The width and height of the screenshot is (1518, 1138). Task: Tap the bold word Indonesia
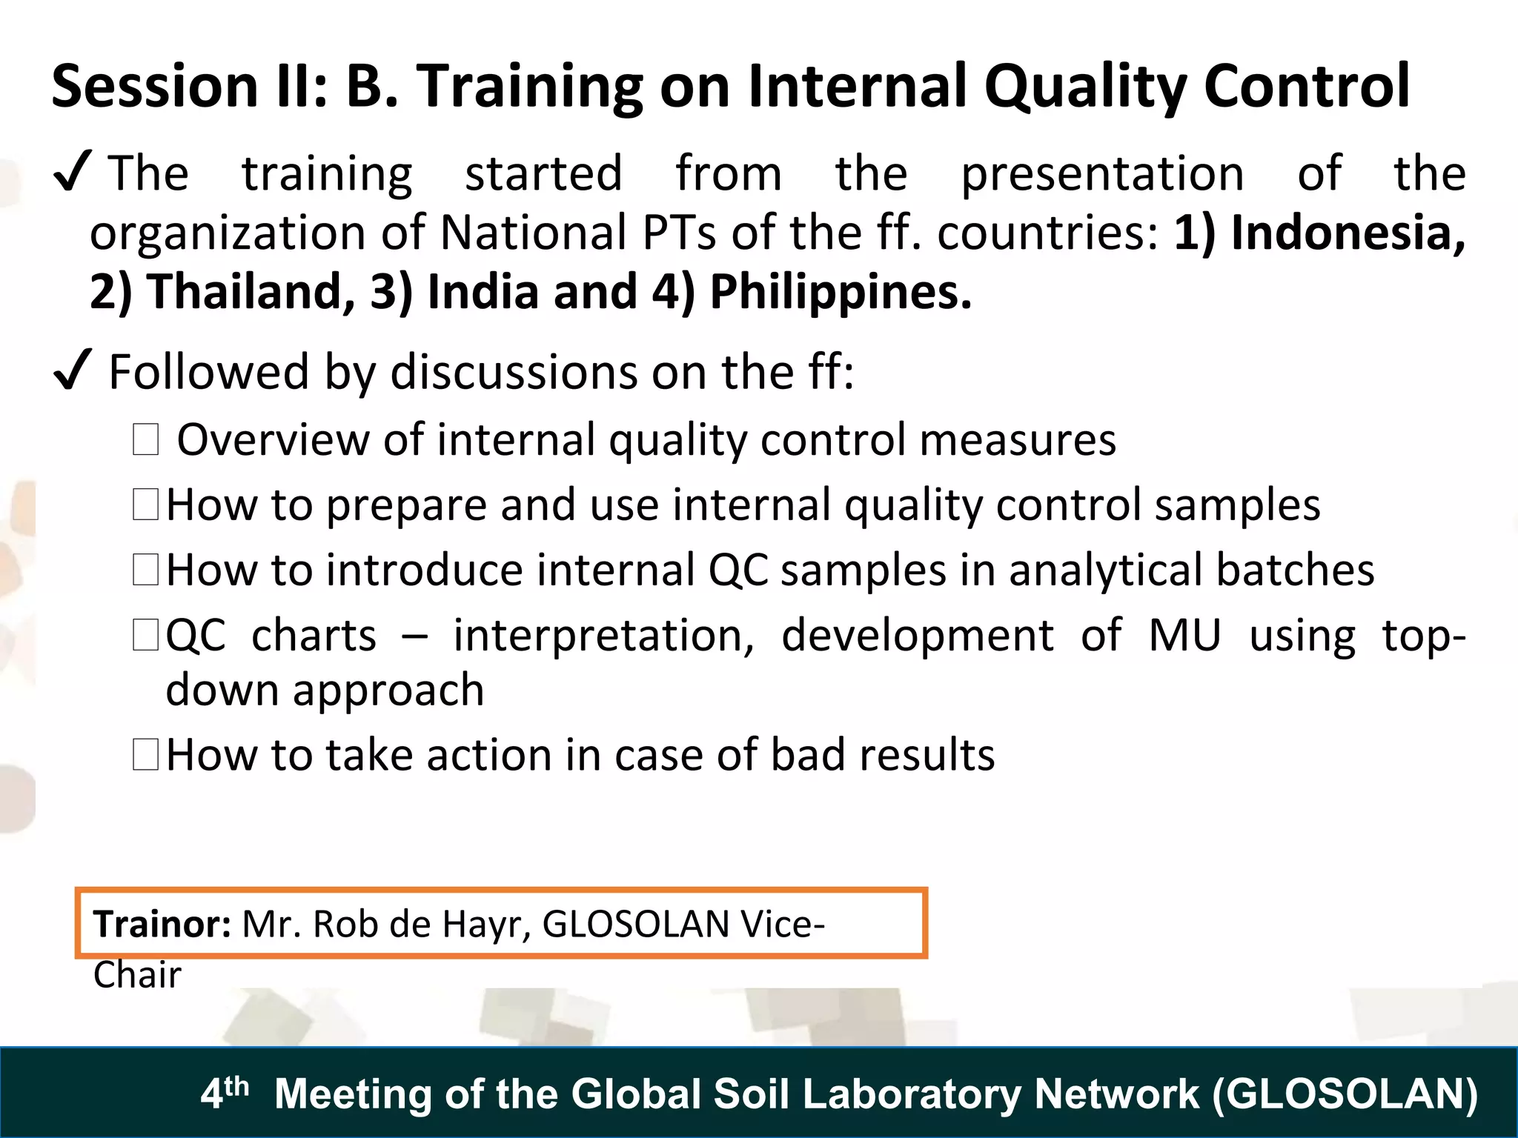click(x=1348, y=233)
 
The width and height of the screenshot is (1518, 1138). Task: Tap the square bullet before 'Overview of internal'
click(x=145, y=439)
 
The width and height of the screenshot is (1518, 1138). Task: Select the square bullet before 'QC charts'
click(x=145, y=636)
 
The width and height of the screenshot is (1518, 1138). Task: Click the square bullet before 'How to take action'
click(x=145, y=755)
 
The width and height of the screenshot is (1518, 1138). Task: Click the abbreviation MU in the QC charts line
click(x=1184, y=636)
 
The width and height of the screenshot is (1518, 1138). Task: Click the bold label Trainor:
click(x=162, y=924)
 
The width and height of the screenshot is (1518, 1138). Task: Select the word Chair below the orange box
click(x=137, y=975)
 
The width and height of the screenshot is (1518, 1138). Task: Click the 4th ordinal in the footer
click(x=224, y=1092)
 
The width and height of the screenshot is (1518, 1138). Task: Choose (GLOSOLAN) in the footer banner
click(x=1345, y=1094)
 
